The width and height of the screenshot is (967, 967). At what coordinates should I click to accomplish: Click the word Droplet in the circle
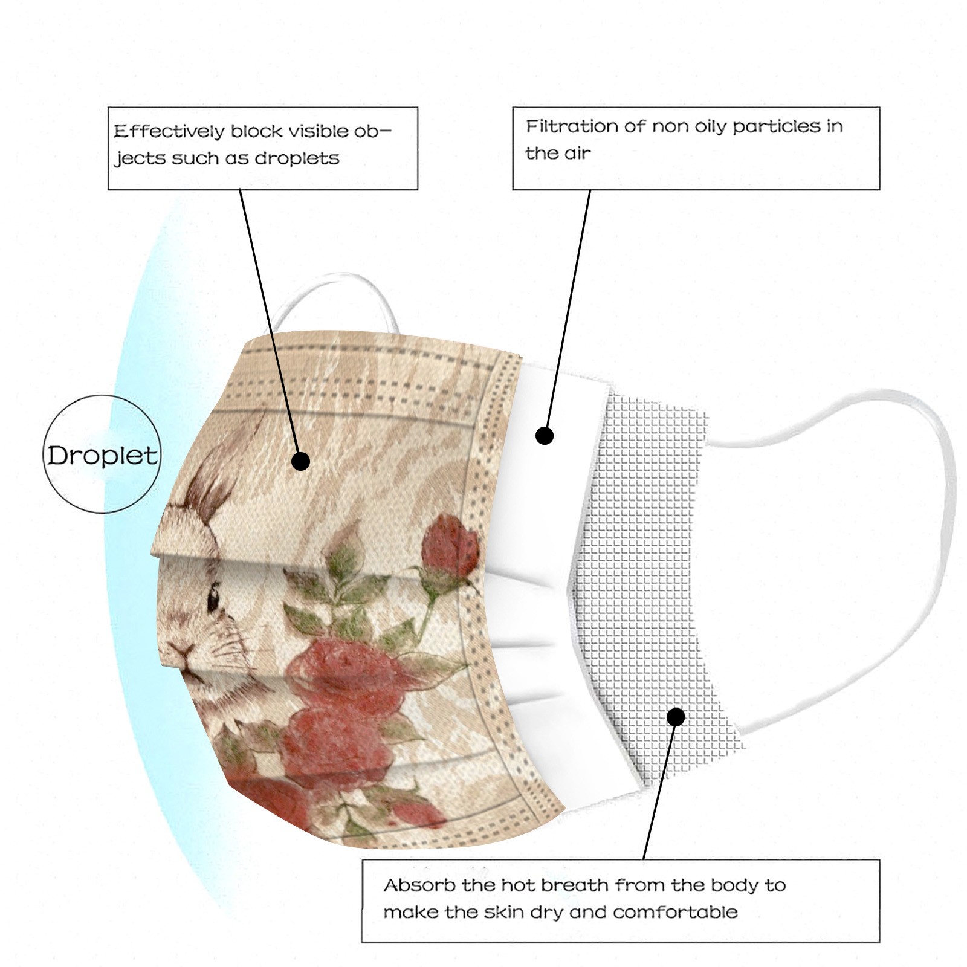102,455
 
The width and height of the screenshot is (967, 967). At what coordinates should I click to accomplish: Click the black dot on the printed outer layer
300,462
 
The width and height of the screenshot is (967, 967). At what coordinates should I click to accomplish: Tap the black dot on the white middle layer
545,435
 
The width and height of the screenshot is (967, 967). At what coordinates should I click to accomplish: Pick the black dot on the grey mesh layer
676,717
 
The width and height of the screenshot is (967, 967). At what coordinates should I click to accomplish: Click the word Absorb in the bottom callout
419,886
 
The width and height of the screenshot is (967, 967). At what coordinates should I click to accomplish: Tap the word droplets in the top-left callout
297,158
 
